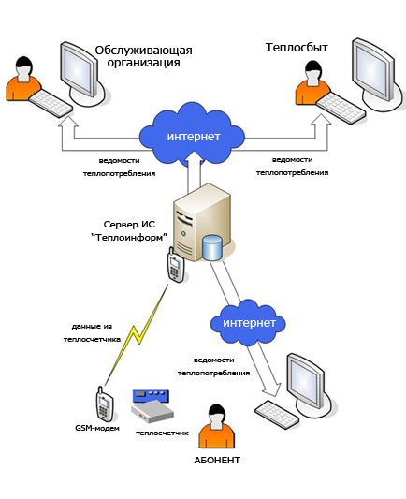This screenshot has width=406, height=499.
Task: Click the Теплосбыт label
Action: (x=297, y=48)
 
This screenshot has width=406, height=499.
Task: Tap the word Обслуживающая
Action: (x=144, y=51)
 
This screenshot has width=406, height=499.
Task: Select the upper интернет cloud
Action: (x=192, y=136)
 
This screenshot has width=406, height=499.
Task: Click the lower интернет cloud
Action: (x=248, y=322)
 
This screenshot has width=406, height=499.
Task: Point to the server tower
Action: (x=201, y=223)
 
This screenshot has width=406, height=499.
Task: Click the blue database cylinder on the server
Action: (x=212, y=247)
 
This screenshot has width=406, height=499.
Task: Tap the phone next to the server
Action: (x=175, y=264)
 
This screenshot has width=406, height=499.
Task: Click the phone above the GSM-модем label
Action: (x=104, y=404)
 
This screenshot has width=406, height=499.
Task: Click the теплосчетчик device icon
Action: (x=152, y=406)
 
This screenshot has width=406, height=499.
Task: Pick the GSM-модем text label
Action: (x=97, y=428)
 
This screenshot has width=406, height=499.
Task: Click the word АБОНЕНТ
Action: (x=217, y=461)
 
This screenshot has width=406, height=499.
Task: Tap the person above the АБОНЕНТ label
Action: (x=216, y=426)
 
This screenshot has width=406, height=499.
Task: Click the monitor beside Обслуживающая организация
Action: (x=81, y=71)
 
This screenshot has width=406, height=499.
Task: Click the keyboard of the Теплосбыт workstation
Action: (x=341, y=108)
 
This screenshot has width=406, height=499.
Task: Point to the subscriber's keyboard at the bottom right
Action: (x=277, y=415)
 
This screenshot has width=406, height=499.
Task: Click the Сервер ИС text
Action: (x=129, y=225)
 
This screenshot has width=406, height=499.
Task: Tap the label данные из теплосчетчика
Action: (x=92, y=333)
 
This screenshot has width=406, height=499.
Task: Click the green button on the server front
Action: (x=183, y=234)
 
